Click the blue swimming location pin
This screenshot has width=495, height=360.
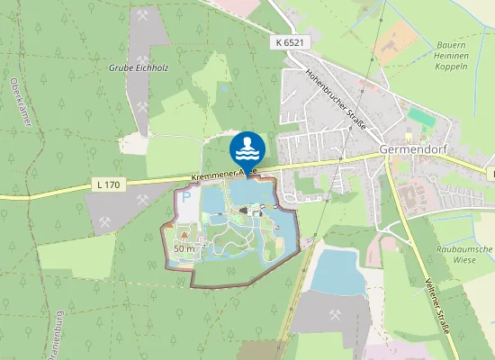coord(247,148)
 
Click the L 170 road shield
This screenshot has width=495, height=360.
coord(106,184)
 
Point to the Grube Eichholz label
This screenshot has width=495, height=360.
coord(139,67)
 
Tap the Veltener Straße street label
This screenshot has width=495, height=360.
coord(436,306)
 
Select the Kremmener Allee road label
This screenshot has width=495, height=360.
coord(224,171)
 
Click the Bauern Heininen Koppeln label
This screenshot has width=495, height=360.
coord(450,55)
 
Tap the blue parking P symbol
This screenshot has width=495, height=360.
coord(186,196)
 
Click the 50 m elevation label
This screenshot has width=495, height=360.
coord(184,247)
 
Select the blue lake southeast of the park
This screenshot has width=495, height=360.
coord(338,270)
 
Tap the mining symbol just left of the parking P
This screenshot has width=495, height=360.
coord(105,221)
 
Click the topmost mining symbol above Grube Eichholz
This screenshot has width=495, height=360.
coord(144,16)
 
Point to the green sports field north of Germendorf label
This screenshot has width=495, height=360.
coord(419,117)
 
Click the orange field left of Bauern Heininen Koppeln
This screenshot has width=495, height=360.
coord(396,41)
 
